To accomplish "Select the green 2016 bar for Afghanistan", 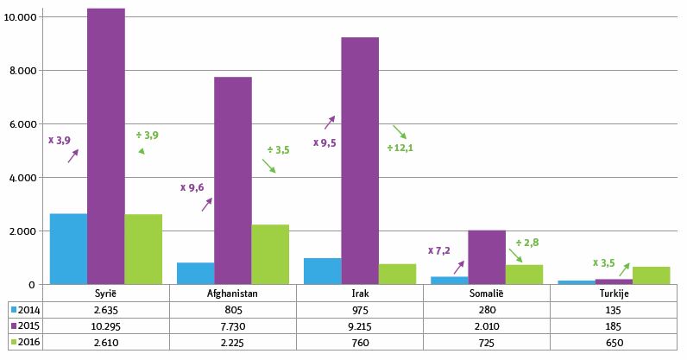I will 270,255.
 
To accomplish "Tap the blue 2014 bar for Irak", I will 322,271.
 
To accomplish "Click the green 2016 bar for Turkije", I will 651,275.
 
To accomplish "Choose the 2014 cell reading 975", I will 360,310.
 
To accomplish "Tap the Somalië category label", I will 486,293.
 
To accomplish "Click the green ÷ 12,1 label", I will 400,148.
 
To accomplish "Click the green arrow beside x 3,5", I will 624,269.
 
